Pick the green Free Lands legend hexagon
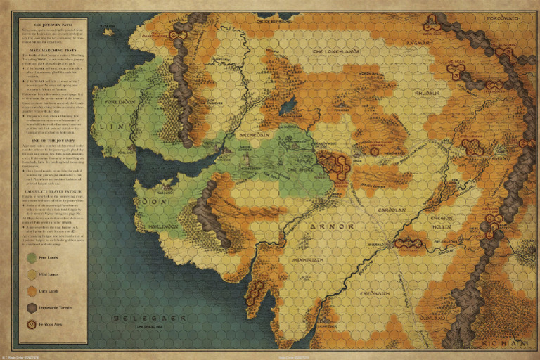pos(32,258)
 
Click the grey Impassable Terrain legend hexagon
pos(32,308)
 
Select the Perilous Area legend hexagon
pos(32,325)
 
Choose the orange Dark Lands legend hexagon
pos(32,291)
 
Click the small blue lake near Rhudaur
pos(288,106)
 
